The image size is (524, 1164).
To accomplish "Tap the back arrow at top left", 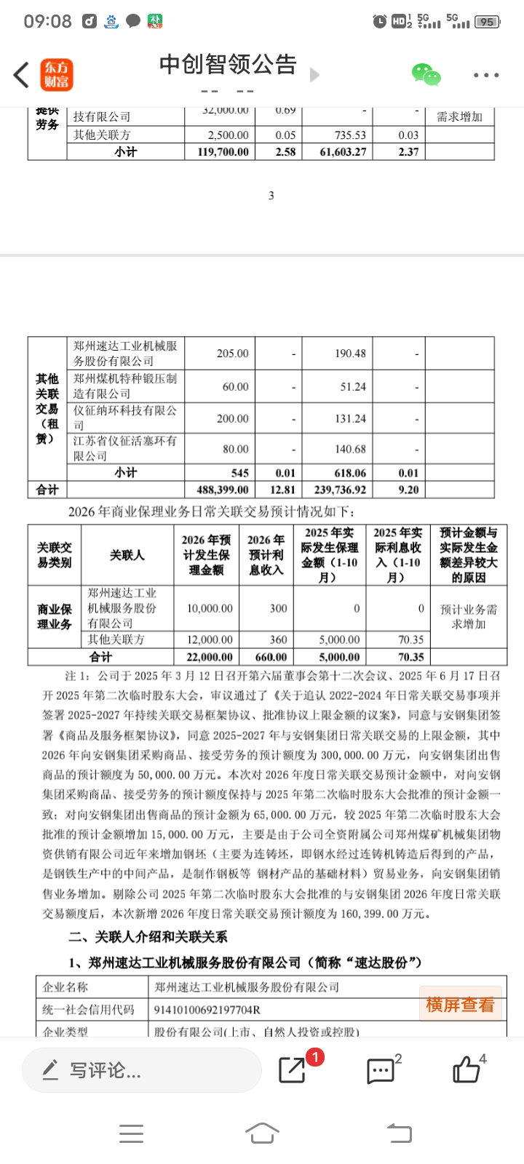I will point(21,75).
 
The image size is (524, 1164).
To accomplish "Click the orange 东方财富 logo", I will point(56,74).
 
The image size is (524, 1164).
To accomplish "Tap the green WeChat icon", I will point(426,74).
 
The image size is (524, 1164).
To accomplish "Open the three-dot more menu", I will point(486,75).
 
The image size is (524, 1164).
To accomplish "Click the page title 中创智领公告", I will point(228,65).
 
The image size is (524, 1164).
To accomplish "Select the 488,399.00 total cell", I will point(223,490).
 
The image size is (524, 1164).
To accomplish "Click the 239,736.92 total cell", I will point(340,490).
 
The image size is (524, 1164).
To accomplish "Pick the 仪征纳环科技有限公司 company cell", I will point(124,418).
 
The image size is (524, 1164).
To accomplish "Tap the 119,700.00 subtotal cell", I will point(223,151).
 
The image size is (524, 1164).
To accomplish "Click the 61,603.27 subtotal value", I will point(340,151).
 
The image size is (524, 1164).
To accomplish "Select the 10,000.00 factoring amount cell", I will point(210,608).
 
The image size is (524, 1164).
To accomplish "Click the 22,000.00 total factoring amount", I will point(210,657).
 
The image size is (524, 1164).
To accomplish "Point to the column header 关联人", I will point(127,555).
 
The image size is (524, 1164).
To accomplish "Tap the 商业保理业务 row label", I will point(55,616).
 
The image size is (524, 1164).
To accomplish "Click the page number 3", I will point(271,195).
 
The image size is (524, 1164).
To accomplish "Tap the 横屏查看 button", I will point(460,1005).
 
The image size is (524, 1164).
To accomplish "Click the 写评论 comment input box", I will point(142,1070).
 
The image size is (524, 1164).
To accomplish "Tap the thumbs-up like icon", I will point(467,1070).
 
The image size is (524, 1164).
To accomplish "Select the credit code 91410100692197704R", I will point(207,1010).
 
